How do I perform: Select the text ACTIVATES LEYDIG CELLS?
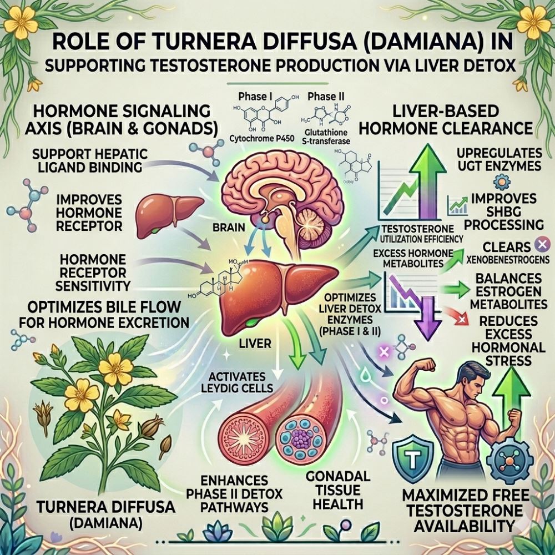coord(234,382)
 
